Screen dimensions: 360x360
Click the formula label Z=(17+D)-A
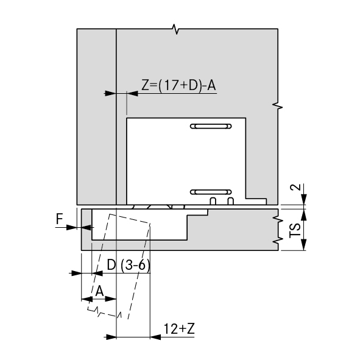coord(178,85)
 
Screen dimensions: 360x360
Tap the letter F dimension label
coord(60,219)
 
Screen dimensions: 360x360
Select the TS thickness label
coord(295,230)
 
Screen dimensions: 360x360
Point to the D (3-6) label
coord(129,266)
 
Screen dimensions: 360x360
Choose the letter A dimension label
coord(99,291)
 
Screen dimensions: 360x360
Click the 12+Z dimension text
coord(179,329)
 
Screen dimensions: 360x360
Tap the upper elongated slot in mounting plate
coord(211,126)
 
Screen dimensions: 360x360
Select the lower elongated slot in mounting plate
coord(211,192)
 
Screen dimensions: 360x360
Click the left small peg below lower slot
coord(213,201)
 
